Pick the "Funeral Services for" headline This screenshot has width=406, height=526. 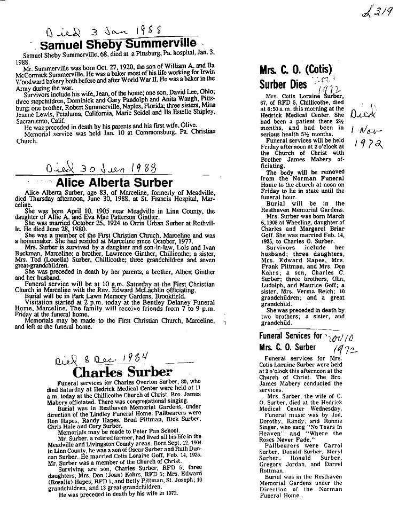[291, 336]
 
